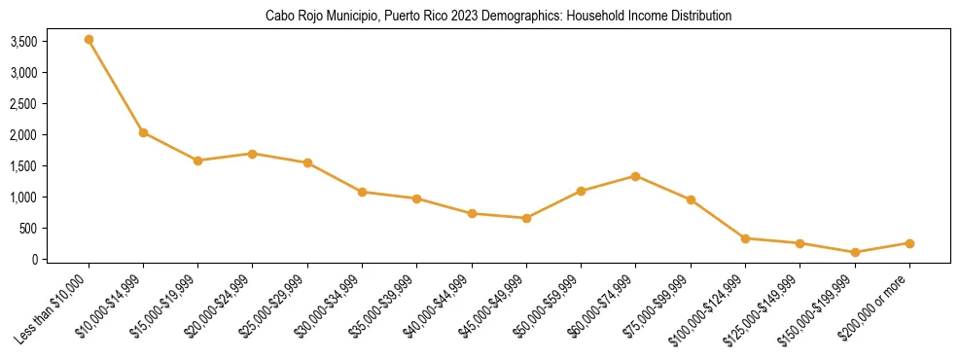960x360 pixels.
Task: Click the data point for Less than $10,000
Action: click(x=89, y=40)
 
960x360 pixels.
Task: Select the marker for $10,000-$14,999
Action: click(x=143, y=132)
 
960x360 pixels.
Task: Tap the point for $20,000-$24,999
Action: click(x=253, y=154)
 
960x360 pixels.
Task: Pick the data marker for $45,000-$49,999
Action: click(x=526, y=218)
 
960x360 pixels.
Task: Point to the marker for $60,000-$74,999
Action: click(x=635, y=176)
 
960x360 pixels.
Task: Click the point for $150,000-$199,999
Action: click(x=855, y=252)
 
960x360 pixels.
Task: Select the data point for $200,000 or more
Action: click(x=909, y=243)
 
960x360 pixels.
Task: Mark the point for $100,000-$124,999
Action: click(x=745, y=238)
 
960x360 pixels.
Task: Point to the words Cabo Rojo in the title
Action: click(x=290, y=17)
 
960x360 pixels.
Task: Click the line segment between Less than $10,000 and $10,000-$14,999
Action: click(x=116, y=86)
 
